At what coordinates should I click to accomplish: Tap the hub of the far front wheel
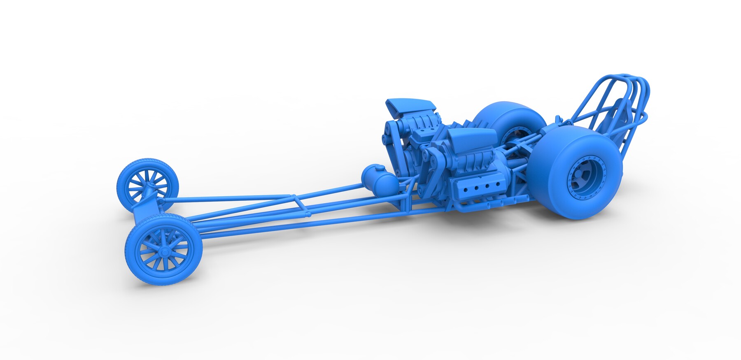[x=147, y=188]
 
